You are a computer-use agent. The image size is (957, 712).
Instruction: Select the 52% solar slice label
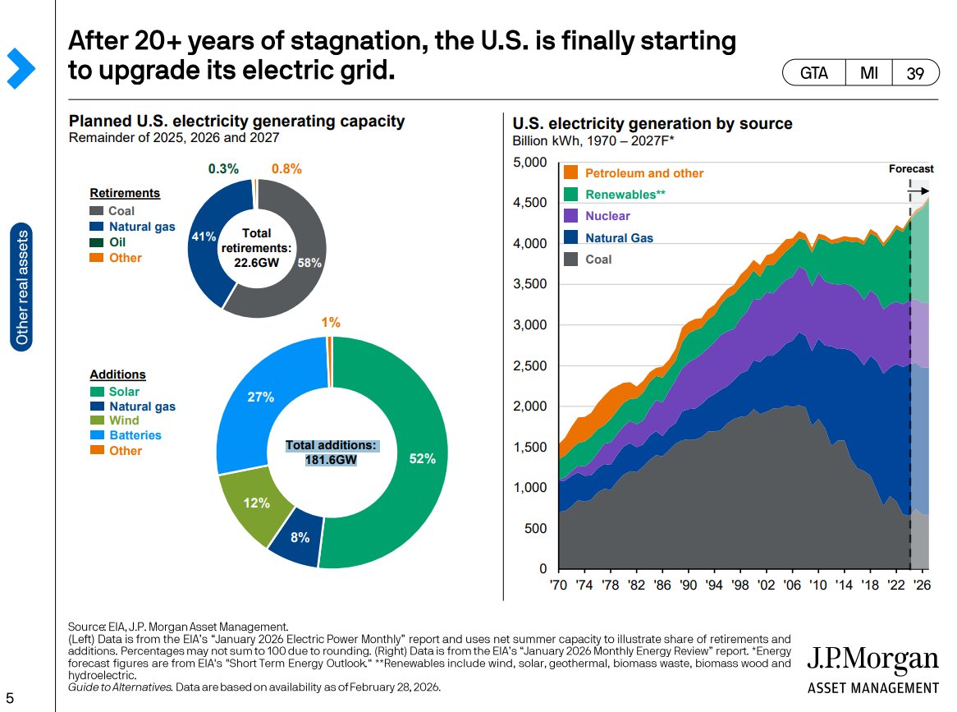(x=422, y=459)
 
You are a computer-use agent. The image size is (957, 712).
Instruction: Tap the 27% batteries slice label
(x=260, y=397)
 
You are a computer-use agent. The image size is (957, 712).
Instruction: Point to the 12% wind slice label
(x=257, y=503)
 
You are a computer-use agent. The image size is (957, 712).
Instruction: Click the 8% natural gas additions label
(x=300, y=538)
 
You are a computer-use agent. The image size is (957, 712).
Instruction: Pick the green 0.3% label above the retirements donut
(x=223, y=168)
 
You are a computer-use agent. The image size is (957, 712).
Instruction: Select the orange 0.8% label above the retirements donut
(x=286, y=168)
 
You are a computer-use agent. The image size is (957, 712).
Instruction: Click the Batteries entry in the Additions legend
(x=135, y=435)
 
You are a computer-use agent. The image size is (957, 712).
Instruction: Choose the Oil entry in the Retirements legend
(x=117, y=242)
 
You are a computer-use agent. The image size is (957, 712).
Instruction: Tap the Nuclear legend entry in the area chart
(x=607, y=216)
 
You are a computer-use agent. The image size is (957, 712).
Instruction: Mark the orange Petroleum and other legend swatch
(x=571, y=173)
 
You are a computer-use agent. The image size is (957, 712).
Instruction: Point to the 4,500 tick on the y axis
(x=529, y=203)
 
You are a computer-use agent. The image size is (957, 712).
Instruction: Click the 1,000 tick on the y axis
(x=529, y=488)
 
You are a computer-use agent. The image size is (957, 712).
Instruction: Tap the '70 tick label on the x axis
(x=559, y=586)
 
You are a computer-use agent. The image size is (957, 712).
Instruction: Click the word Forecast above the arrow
(x=911, y=168)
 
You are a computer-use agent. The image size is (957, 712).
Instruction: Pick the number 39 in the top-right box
(x=915, y=73)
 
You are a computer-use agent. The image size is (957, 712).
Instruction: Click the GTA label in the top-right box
(x=815, y=73)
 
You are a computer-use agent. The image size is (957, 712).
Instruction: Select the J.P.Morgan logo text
(x=872, y=659)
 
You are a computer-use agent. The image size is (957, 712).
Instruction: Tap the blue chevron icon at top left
(x=21, y=68)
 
